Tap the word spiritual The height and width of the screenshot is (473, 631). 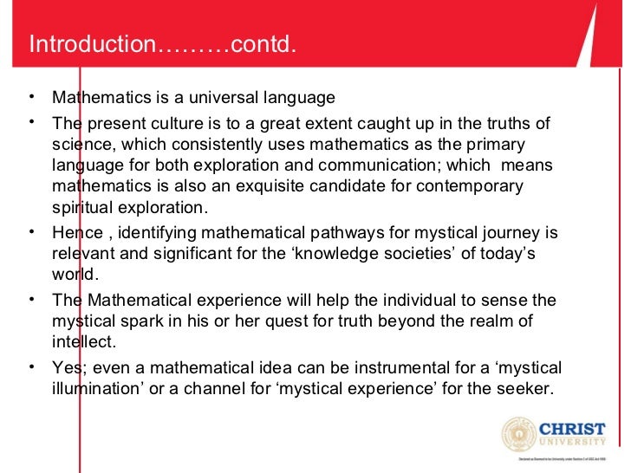click(x=80, y=208)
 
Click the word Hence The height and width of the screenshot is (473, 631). click(x=76, y=233)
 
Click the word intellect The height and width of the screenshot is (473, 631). click(x=82, y=342)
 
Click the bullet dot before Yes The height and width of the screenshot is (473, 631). click(x=32, y=366)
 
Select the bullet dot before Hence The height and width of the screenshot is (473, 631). click(x=32, y=231)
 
